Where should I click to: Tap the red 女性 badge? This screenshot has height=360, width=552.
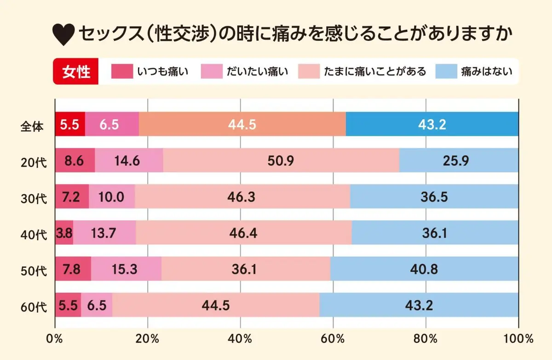coord(76,71)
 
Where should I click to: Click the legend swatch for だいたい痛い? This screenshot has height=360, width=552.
coord(212,71)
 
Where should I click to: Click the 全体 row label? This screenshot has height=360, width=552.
coord(32,125)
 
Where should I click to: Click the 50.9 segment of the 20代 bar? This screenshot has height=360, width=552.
coord(281,161)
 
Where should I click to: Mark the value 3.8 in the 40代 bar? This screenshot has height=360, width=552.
coord(64,233)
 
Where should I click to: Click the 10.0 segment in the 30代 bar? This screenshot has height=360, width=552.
coord(112,197)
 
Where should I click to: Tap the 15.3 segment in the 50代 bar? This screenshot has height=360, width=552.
coord(126,269)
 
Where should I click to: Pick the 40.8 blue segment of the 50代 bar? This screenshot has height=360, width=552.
coord(424,269)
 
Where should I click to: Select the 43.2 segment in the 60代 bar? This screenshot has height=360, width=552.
coord(419,305)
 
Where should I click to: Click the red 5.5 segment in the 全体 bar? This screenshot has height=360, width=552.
coord(70,125)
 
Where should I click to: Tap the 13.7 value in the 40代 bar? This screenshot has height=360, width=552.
coord(104,233)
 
